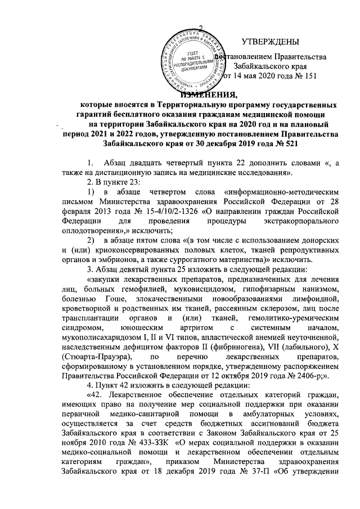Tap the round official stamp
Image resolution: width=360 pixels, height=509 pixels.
point(193,61)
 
